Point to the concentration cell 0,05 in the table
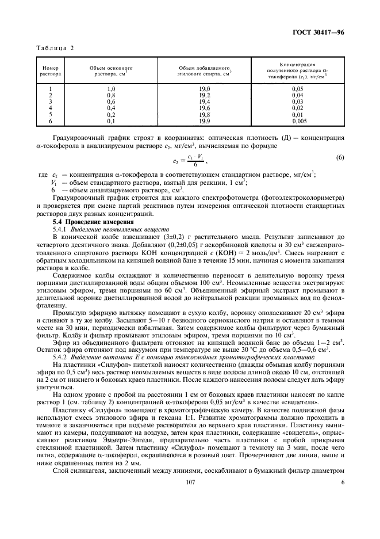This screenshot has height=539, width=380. [x=297, y=89]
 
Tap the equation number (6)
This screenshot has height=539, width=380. [x=339, y=158]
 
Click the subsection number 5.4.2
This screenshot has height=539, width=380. [x=62, y=356]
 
